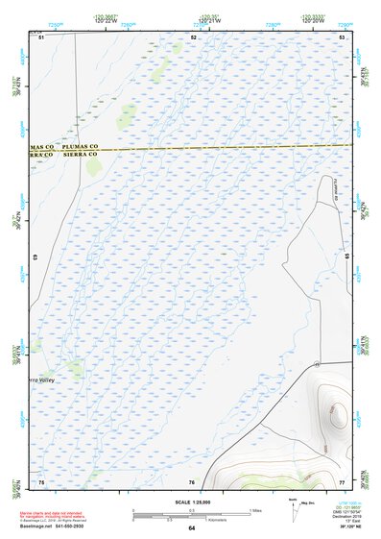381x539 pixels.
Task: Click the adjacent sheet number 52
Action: pos(193,37)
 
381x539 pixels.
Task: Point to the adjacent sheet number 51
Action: pos(42,37)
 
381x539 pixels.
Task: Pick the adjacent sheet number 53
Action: pos(343,37)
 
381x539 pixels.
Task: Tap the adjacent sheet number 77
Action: pos(342,480)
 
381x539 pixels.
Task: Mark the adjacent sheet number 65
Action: pos(346,257)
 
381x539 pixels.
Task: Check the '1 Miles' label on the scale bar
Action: pos(255,508)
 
